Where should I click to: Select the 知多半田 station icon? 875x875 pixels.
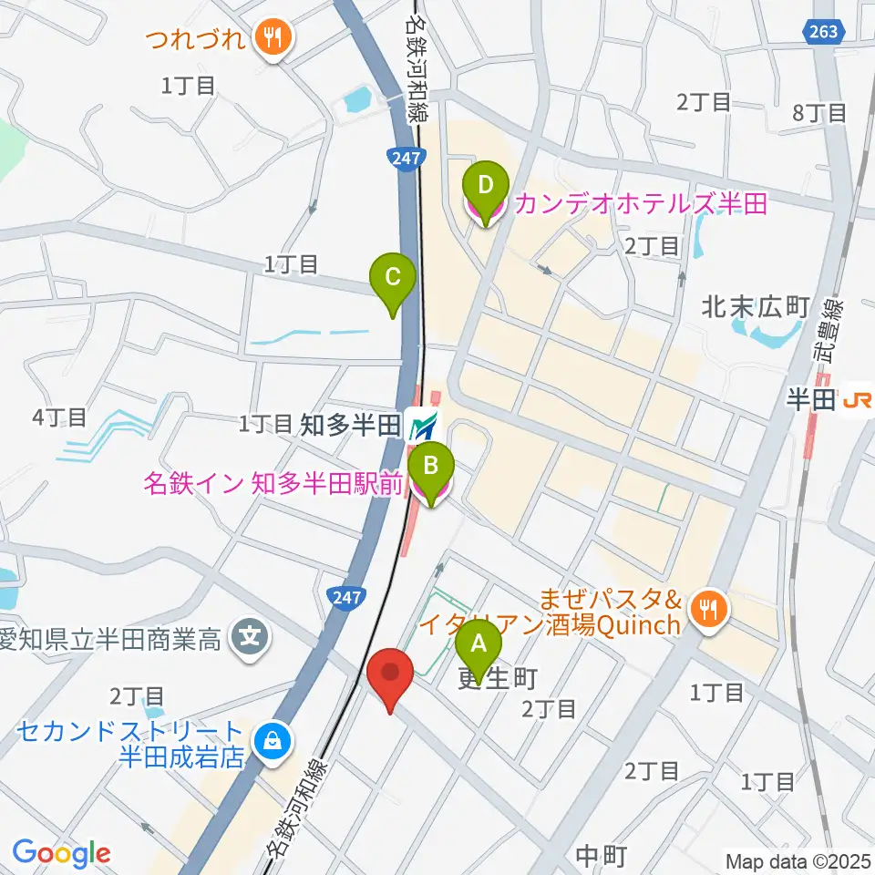[423, 425]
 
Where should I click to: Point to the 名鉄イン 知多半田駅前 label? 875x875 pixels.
[272, 484]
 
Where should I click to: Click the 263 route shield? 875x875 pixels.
[823, 32]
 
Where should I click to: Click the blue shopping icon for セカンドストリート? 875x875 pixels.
[272, 741]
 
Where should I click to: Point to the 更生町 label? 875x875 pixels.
[497, 679]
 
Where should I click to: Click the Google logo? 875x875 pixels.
[61, 853]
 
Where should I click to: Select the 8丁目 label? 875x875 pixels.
[819, 114]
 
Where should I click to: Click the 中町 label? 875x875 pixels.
[602, 856]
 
